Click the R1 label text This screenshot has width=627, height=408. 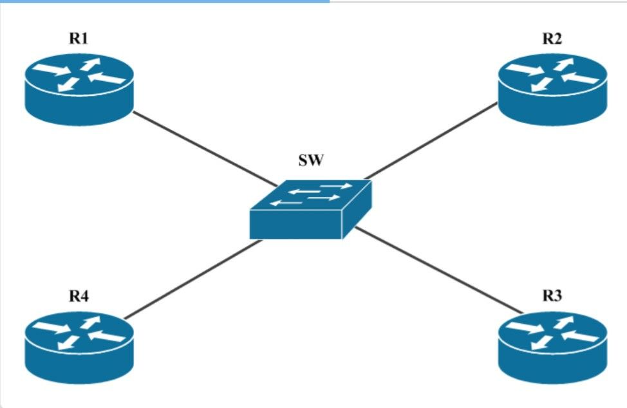[x=79, y=39]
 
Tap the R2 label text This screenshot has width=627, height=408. [x=552, y=39]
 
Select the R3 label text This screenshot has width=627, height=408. [x=552, y=296]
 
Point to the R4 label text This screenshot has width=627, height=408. [x=79, y=296]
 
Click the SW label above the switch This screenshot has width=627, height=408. [x=311, y=160]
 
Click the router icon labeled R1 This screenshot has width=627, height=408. [x=79, y=89]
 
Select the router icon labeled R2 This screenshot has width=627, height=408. [x=552, y=89]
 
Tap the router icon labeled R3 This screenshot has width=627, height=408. [x=552, y=348]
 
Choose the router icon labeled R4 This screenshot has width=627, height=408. [x=79, y=348]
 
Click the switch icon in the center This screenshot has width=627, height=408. [x=311, y=209]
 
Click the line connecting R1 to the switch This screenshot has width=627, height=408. [x=205, y=149]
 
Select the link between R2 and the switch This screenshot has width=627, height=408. [x=431, y=140]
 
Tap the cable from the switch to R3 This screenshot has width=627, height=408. [x=439, y=270]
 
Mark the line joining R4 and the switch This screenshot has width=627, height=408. [x=193, y=279]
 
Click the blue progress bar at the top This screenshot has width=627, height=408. [x=165, y=1]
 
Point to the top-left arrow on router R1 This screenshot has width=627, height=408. [x=51, y=70]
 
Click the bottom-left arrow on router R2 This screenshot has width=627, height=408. [x=541, y=85]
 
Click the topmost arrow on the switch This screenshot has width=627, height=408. [x=336, y=186]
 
